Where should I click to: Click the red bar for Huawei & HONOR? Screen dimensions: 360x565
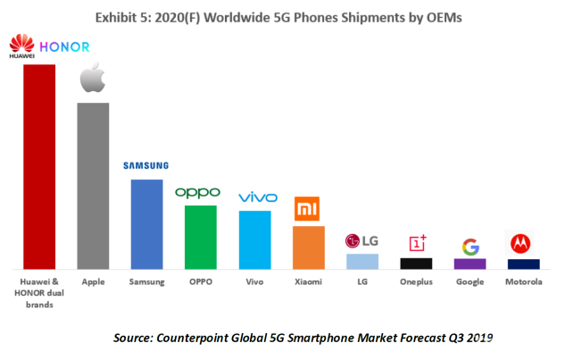pyautogui.click(x=40, y=166)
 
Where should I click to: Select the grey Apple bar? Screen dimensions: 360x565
pyautogui.click(x=94, y=186)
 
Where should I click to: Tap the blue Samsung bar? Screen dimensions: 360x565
pyautogui.click(x=147, y=224)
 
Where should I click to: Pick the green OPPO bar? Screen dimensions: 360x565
pyautogui.click(x=201, y=237)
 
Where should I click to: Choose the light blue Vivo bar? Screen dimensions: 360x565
pyautogui.click(x=255, y=239)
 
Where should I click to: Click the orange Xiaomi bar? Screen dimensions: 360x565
pyautogui.click(x=309, y=247)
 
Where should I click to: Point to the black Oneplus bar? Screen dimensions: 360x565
pyautogui.click(x=416, y=263)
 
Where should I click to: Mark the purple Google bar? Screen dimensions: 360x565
pyautogui.click(x=470, y=264)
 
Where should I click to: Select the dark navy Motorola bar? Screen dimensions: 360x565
pyautogui.click(x=524, y=264)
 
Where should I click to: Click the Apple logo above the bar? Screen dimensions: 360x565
pyautogui.click(x=94, y=79)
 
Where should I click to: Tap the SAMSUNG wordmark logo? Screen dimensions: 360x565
pyautogui.click(x=146, y=165)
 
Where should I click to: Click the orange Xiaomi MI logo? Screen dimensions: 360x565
pyautogui.click(x=308, y=209)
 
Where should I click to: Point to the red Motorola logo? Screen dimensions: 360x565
pyautogui.click(x=523, y=243)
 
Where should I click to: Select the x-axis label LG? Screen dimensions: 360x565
pyautogui.click(x=362, y=281)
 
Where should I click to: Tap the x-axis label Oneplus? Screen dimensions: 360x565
pyautogui.click(x=416, y=281)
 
